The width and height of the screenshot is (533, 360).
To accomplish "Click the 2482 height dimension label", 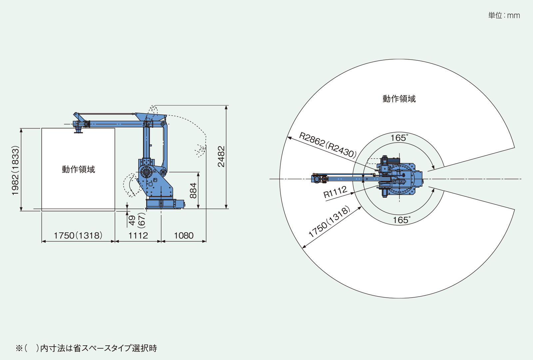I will coord(221,156).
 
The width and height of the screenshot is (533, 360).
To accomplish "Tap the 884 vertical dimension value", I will coord(193,190).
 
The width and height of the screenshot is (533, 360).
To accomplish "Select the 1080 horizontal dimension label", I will coord(184,236).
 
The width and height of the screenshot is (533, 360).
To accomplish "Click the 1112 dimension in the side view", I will coord(138,236).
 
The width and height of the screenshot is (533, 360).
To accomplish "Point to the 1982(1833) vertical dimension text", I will coord(15,170).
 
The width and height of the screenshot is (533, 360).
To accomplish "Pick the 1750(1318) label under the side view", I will coord(78,236).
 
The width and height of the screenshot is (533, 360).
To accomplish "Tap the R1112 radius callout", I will coord(335,192).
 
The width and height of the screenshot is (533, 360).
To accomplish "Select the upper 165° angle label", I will coord(399,138).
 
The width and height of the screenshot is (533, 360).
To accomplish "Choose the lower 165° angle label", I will coord(401,220).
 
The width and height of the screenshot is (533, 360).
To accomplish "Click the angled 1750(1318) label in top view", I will coord(329,221).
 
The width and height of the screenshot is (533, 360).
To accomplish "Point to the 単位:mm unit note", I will coord(504,15).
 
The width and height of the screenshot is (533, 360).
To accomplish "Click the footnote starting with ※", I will coord(86,348).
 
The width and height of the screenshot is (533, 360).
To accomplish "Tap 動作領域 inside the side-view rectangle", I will coord(78,169).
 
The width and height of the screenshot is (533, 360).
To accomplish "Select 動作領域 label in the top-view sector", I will coord(399,99).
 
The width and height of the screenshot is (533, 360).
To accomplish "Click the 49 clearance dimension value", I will coord(132,220).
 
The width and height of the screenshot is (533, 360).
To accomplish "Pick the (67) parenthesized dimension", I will coord(142,220).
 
